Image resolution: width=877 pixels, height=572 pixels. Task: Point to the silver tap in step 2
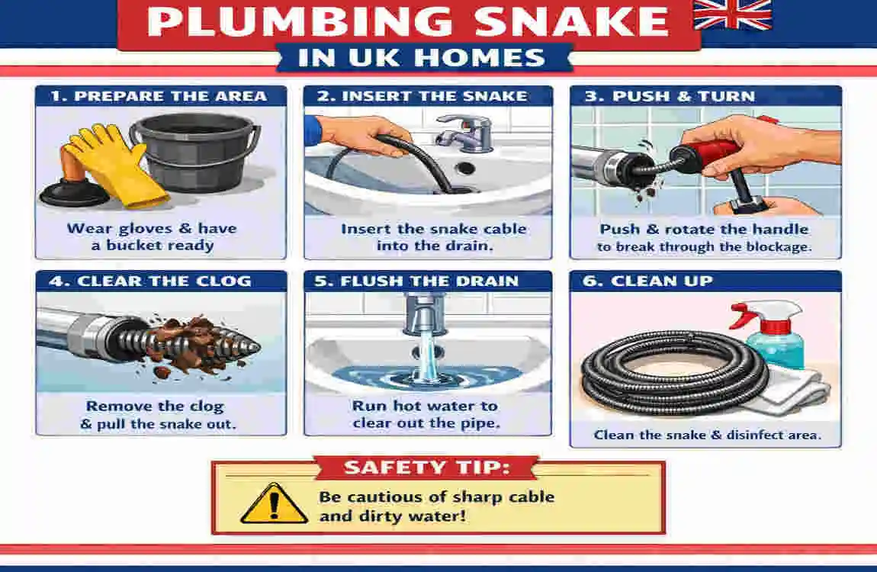click(x=461, y=130)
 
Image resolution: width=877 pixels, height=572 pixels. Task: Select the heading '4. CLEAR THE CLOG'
click(x=149, y=281)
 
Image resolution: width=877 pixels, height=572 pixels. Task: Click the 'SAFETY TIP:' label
click(x=428, y=468)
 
